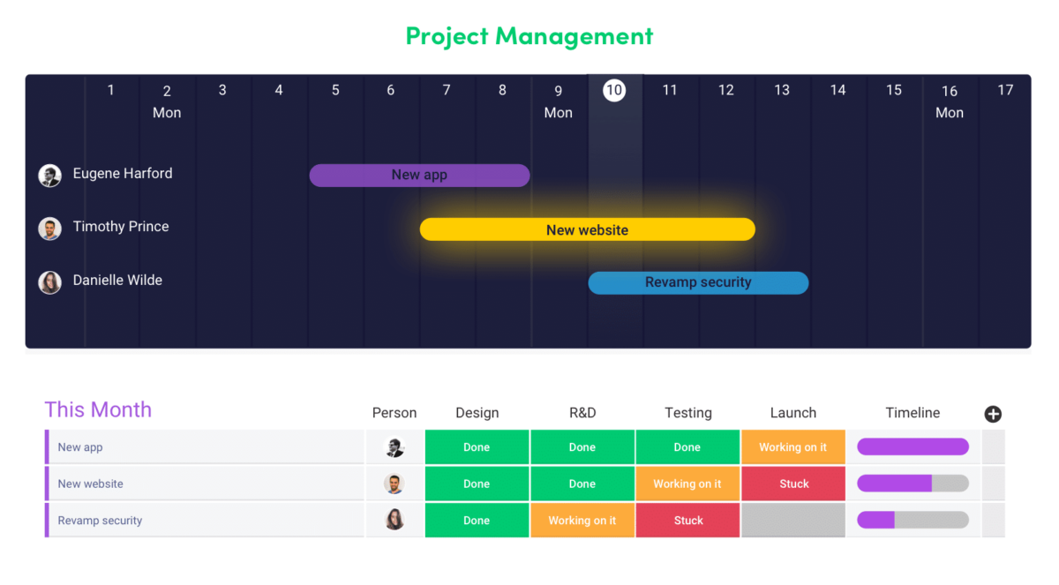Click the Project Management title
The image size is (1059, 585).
click(529, 36)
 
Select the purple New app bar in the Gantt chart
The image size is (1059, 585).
click(419, 175)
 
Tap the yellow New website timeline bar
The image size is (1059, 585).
click(587, 229)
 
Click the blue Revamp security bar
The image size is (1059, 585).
click(698, 282)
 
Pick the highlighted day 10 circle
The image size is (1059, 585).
click(613, 89)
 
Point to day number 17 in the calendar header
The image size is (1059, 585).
click(1004, 89)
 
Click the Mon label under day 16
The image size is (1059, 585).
click(949, 112)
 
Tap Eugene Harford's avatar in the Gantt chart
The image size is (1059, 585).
click(49, 175)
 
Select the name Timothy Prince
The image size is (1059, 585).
click(121, 227)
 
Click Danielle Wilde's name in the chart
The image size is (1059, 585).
click(117, 281)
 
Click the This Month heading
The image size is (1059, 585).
click(98, 409)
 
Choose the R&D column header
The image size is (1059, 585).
click(582, 412)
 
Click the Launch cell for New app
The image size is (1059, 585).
click(792, 447)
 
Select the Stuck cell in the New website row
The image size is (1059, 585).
click(792, 484)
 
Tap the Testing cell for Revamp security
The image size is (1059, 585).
click(687, 521)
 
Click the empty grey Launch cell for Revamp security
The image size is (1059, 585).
click(792, 521)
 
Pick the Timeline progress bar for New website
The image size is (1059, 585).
click(913, 484)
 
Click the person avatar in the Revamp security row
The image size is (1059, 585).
click(394, 521)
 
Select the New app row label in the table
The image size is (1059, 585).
click(80, 447)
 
